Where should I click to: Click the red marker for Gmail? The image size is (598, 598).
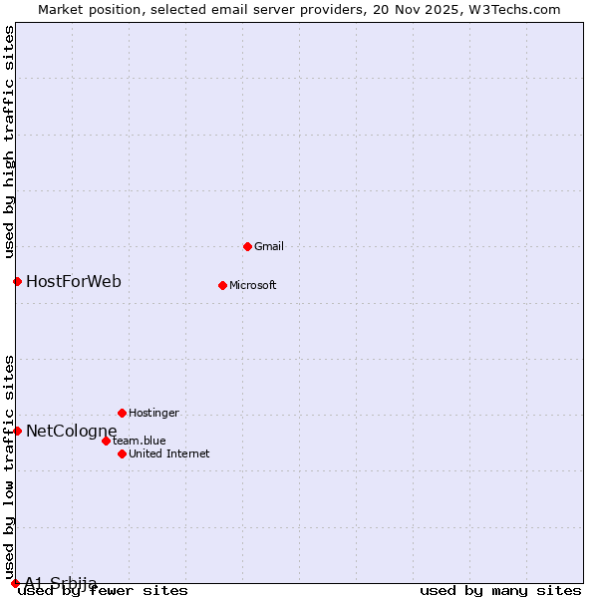[x=247, y=246]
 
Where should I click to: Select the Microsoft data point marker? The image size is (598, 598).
[x=222, y=285]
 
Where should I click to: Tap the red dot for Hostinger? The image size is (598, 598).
[x=122, y=413]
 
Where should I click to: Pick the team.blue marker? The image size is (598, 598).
[x=106, y=441]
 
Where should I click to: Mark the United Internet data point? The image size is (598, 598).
[x=122, y=453]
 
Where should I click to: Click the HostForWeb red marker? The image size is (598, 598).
[x=17, y=281]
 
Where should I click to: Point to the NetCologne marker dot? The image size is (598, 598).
[x=17, y=431]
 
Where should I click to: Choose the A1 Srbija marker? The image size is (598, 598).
[x=15, y=583]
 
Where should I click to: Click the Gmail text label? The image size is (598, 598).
[x=269, y=246]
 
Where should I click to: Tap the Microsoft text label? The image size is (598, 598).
[x=253, y=285]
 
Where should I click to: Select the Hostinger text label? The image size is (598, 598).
[x=153, y=413]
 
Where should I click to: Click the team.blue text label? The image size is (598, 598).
[x=140, y=441]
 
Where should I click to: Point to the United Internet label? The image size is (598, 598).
[x=168, y=453]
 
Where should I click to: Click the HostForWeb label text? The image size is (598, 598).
[x=74, y=281]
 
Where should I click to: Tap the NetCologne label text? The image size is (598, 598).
[x=72, y=431]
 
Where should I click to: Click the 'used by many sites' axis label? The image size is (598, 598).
[x=500, y=590]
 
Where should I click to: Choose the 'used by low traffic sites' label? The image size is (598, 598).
[x=9, y=467]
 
